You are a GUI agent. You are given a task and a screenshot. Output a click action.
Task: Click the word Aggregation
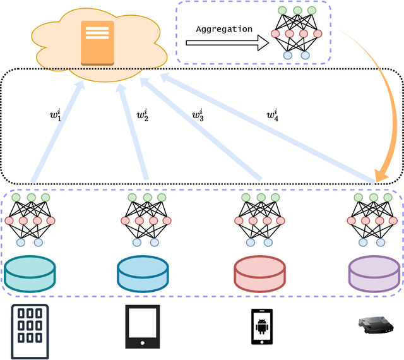224,29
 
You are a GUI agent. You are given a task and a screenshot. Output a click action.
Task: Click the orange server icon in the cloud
97,42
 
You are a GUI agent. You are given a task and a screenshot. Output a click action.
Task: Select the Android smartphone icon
261,327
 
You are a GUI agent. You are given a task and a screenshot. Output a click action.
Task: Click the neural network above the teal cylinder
30,220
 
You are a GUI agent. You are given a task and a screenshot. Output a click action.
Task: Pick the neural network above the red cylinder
259,220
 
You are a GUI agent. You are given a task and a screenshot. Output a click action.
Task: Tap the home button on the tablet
143,343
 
